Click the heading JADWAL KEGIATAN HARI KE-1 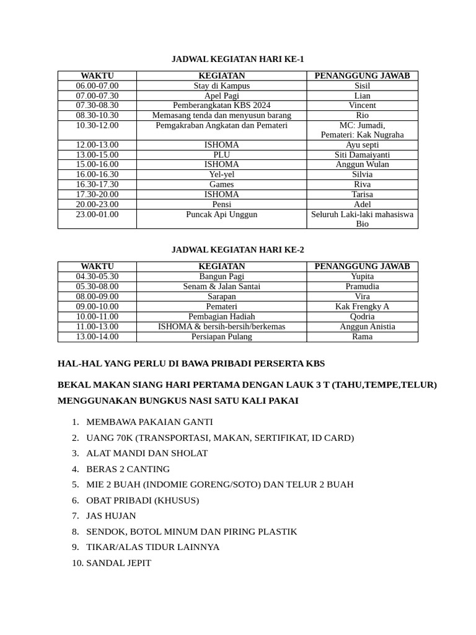point(238,59)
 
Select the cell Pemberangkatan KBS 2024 point(221,105)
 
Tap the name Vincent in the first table point(362,105)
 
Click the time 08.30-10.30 point(97,115)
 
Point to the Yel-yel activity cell point(221,174)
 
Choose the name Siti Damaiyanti point(362,154)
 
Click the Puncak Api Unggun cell point(221,215)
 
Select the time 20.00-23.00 point(97,204)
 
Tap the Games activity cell point(221,184)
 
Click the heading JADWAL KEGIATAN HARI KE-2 point(238,249)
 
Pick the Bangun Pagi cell point(221,277)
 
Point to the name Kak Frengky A point(362,306)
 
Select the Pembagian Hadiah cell point(221,316)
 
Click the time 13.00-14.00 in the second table point(97,337)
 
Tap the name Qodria point(362,316)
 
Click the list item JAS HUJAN point(111,516)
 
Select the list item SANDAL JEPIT point(118,563)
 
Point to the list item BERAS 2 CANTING point(128,469)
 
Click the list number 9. point(75,547)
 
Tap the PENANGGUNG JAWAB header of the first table point(362,76)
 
